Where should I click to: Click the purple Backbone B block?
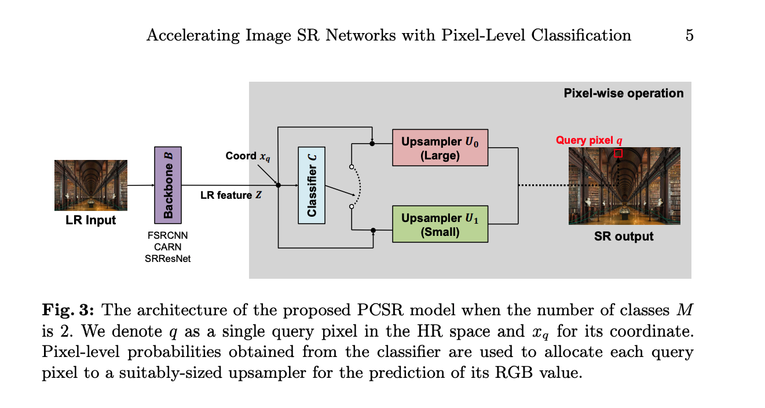(x=168, y=185)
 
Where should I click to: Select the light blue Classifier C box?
(x=312, y=185)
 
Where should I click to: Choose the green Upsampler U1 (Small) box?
(x=440, y=224)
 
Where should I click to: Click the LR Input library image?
(x=90, y=185)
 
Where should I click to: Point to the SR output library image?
(x=624, y=185)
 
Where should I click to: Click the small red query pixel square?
(x=618, y=153)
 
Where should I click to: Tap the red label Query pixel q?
(x=589, y=140)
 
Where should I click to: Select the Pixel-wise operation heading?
(x=623, y=93)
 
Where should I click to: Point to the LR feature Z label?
(x=231, y=195)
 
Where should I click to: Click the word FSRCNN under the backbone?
(x=167, y=236)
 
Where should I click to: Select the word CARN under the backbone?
(x=167, y=247)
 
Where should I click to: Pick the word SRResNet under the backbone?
(x=167, y=259)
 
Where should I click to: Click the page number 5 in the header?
(x=689, y=35)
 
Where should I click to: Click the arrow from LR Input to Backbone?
(x=140, y=185)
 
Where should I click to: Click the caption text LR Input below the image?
(x=90, y=220)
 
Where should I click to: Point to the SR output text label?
(x=624, y=236)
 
